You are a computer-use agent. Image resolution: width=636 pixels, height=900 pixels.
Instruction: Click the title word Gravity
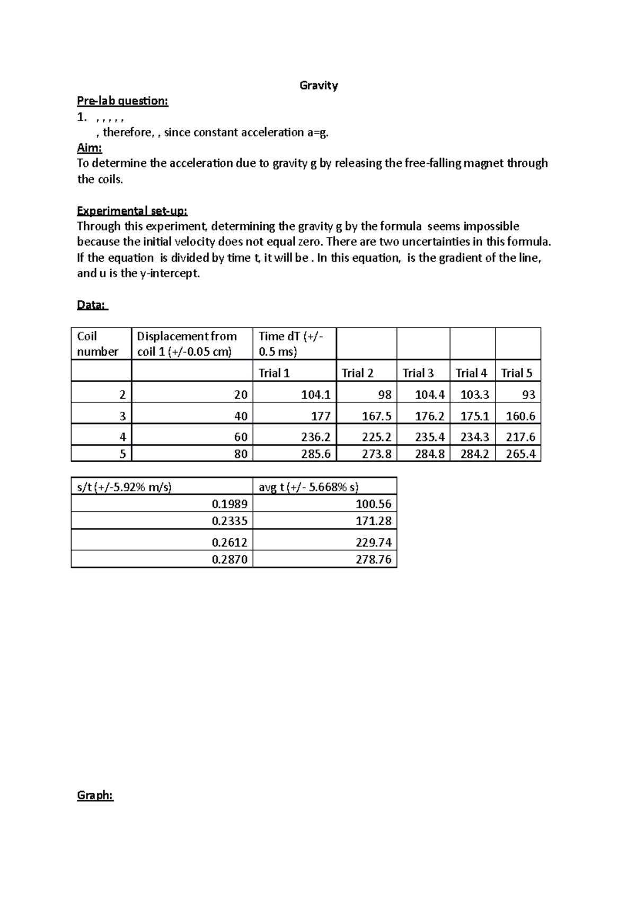(x=319, y=85)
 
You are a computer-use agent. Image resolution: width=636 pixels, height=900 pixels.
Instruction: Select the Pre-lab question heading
(x=122, y=101)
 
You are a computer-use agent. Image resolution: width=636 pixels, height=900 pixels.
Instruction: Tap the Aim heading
(x=89, y=148)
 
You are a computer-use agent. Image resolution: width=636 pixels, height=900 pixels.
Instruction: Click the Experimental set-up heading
(x=132, y=211)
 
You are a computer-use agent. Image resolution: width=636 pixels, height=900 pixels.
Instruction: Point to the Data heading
(x=92, y=305)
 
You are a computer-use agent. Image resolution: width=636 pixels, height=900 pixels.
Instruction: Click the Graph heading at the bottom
(x=95, y=795)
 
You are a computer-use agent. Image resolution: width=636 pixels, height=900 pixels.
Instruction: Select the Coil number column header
(x=98, y=343)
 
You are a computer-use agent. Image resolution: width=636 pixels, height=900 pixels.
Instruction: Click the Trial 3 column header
(x=418, y=373)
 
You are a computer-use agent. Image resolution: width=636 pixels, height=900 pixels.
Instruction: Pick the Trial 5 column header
(x=516, y=373)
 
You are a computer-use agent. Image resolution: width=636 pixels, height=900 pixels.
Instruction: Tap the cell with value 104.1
(x=315, y=395)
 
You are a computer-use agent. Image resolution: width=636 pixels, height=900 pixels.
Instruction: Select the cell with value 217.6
(x=520, y=437)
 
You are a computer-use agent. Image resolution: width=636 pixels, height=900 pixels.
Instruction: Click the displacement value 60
(x=241, y=437)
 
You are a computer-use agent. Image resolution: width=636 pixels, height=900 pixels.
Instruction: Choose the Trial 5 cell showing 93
(x=528, y=395)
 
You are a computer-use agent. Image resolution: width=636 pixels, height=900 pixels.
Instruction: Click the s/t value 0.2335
(x=229, y=521)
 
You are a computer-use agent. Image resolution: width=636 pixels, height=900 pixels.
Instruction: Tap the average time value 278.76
(x=373, y=559)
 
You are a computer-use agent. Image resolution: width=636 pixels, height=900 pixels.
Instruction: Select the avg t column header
(x=308, y=487)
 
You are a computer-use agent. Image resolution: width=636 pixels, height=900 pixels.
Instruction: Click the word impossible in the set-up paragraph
(x=491, y=226)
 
